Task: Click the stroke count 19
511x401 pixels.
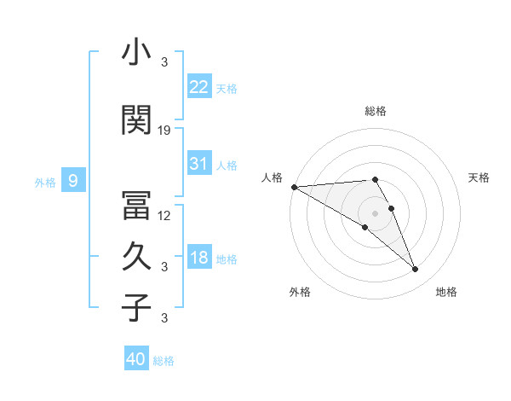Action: coord(165,131)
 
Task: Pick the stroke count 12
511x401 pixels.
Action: coord(165,216)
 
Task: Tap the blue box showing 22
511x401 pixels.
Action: coord(199,87)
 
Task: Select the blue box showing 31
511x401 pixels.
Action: coord(199,164)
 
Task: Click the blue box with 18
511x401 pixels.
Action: coord(199,259)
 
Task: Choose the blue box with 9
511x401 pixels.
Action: coord(73,180)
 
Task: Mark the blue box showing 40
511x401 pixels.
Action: coord(136,359)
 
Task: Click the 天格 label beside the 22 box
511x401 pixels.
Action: coord(227,89)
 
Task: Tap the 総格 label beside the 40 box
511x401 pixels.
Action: coord(164,361)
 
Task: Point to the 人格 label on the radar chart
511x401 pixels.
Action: coord(272,177)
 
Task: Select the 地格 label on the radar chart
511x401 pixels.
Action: coord(446,292)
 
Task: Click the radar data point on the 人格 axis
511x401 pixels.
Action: coord(294,187)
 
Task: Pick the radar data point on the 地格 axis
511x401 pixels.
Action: coord(415,270)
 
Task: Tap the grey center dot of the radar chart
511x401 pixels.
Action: coord(375,212)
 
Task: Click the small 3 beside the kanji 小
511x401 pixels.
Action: coord(164,61)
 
